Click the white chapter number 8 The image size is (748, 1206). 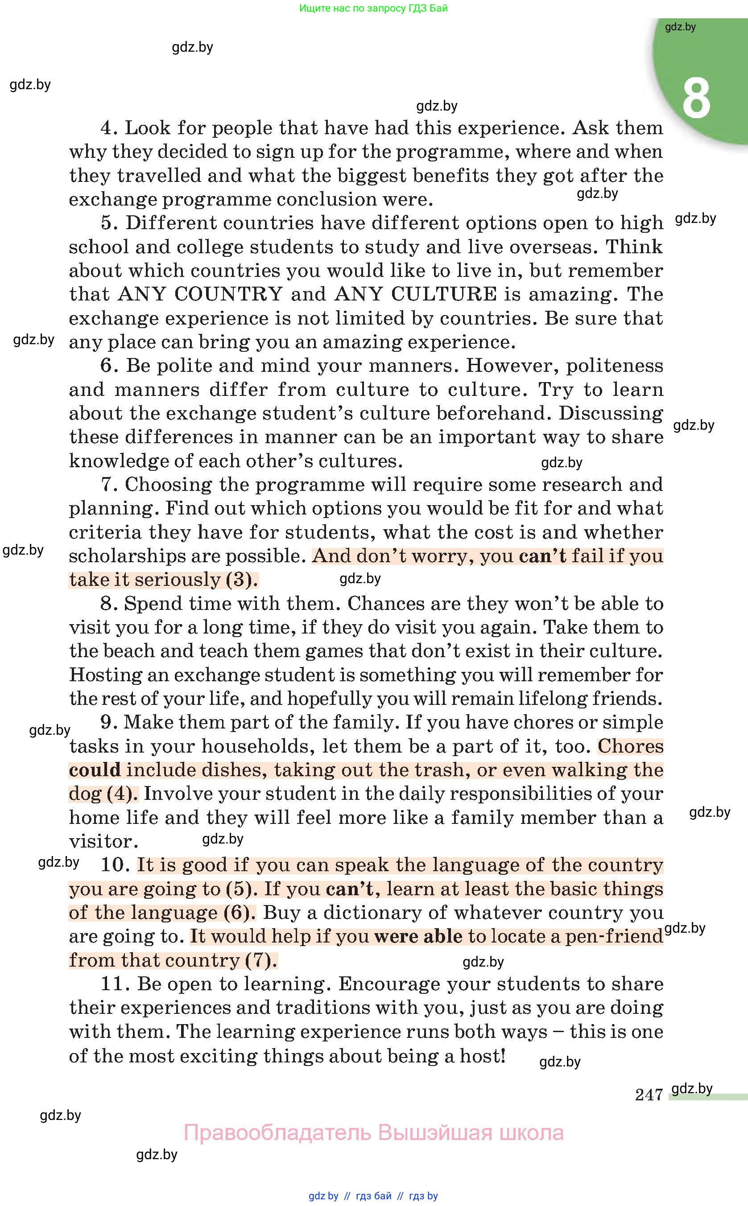(x=696, y=99)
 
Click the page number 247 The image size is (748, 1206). (x=649, y=1095)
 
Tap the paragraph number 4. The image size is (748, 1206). (x=109, y=128)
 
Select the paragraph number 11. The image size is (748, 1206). (x=115, y=984)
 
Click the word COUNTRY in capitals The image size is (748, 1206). (x=228, y=294)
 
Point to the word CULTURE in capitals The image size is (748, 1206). (x=444, y=294)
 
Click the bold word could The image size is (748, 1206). (x=95, y=770)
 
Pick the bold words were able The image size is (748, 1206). (x=418, y=937)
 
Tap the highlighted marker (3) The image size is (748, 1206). (x=241, y=580)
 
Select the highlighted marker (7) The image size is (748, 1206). (x=261, y=960)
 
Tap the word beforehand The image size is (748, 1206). (x=494, y=413)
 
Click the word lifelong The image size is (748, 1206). (x=551, y=699)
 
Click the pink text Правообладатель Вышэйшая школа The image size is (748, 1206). (x=373, y=1132)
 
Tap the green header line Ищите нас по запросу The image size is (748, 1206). (x=373, y=8)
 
